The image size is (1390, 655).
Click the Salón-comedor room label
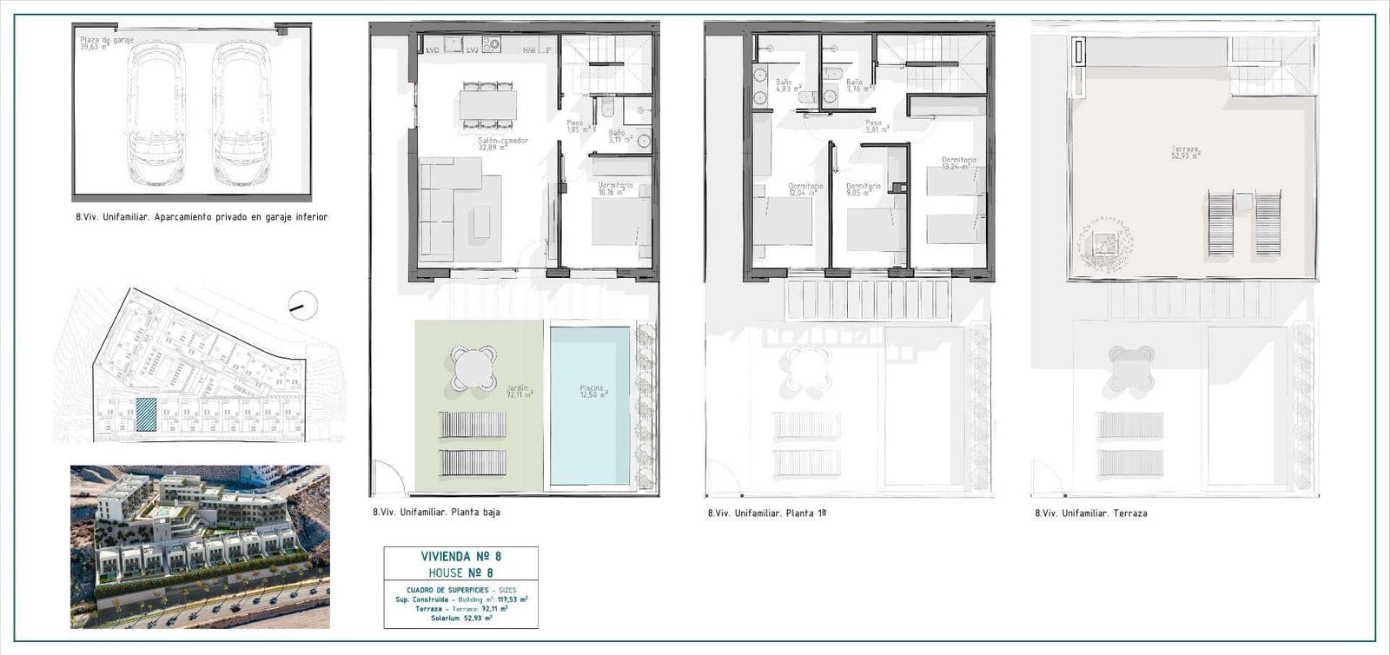pos(503,144)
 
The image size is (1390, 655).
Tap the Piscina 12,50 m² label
pos(593,392)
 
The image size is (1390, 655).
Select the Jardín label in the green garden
pos(519,392)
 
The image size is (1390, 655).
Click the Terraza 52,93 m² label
pos(1185,153)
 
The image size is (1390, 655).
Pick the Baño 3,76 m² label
pos(858,85)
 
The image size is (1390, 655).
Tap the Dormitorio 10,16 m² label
pos(615,189)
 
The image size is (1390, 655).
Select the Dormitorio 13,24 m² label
pos(959,164)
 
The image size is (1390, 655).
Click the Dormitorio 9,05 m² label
pos(864,189)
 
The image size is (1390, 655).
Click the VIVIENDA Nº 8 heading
pos(461,557)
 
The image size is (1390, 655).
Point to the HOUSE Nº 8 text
pos(461,573)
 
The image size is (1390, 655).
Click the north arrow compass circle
pos(303,305)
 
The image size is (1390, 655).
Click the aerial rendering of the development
pos(200,546)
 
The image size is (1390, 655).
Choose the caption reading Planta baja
pos(436,513)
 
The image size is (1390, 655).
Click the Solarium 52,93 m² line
pos(461,619)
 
